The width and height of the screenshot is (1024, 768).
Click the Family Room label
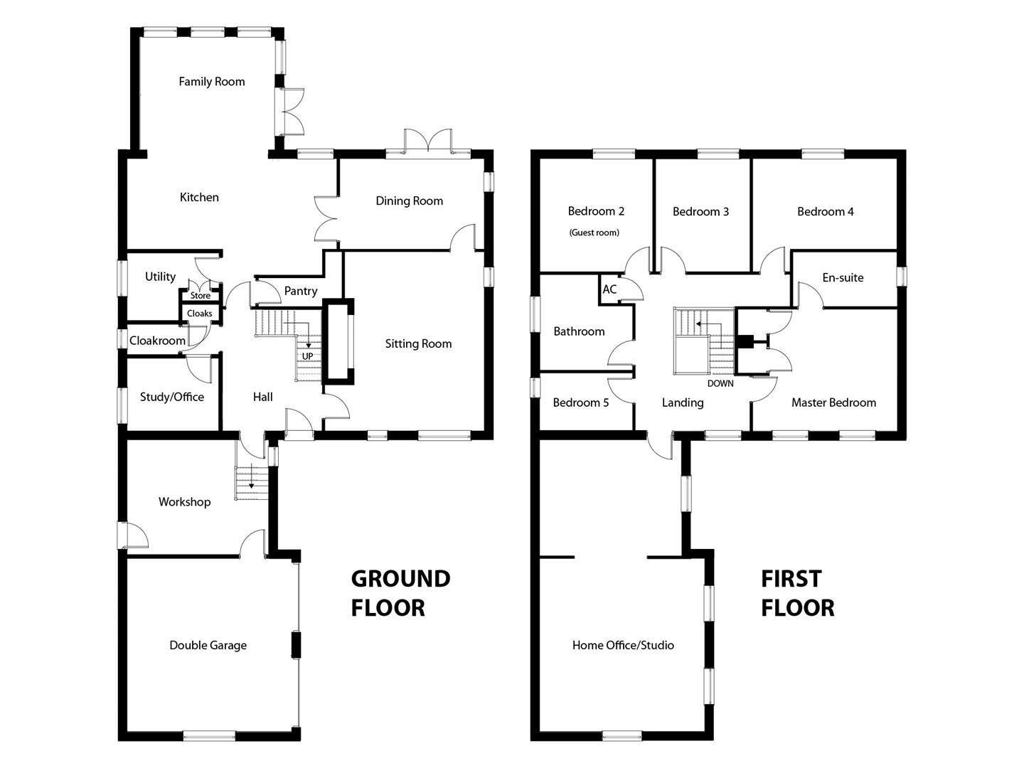(x=211, y=82)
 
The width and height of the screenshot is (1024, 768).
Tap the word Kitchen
(x=199, y=197)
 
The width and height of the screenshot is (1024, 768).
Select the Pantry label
(x=301, y=291)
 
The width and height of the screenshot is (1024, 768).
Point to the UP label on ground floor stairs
(x=307, y=356)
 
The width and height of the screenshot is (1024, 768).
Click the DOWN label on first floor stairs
(x=720, y=383)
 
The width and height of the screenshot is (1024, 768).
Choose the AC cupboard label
(x=609, y=289)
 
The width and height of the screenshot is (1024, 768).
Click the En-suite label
(x=843, y=277)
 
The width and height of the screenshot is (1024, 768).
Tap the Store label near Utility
(x=201, y=296)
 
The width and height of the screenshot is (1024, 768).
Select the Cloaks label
(x=200, y=314)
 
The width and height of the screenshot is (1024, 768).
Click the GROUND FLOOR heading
(x=400, y=593)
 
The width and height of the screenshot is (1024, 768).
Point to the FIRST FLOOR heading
(x=797, y=593)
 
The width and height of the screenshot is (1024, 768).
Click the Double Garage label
(x=208, y=645)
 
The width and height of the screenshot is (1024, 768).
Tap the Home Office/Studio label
(x=623, y=645)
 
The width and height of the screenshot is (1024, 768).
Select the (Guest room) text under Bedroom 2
(x=594, y=233)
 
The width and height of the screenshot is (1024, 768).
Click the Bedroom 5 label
(x=581, y=402)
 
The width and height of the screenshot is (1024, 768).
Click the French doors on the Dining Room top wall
(x=428, y=142)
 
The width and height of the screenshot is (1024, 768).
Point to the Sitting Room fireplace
(x=338, y=342)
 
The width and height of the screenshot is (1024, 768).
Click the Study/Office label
(x=171, y=397)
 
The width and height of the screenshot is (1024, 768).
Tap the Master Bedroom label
(x=833, y=402)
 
